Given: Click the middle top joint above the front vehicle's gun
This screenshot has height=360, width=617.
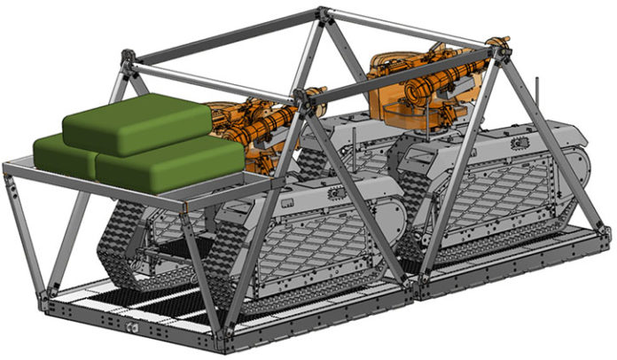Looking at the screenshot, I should coord(306,94).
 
